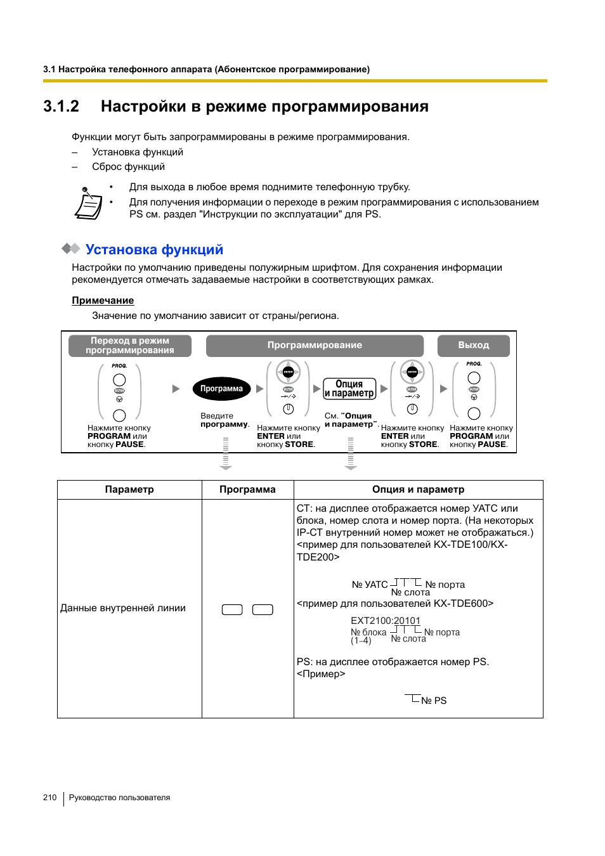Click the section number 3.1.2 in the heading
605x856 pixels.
pos(61,106)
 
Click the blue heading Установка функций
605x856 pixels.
pos(154,250)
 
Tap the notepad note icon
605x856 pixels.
pos(88,204)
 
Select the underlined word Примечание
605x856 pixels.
pos(103,301)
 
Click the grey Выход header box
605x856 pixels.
pos(474,345)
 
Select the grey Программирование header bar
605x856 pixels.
pos(315,345)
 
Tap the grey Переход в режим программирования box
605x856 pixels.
pos(130,346)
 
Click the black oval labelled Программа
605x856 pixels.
pos(221,389)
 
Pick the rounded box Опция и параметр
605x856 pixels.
pos(349,389)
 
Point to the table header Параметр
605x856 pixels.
pos(129,490)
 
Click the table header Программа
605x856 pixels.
pos(247,490)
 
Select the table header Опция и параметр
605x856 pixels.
pos(418,490)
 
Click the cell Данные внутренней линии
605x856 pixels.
pos(123,608)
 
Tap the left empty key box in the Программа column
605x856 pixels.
pos(232,609)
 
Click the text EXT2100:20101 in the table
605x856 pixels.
pos(386,621)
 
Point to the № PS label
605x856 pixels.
pos(434,701)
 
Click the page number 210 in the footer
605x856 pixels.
pos(50,798)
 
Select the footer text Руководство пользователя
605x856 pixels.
pos(119,798)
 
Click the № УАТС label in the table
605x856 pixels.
pos(370,585)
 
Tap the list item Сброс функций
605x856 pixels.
pos(128,167)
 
